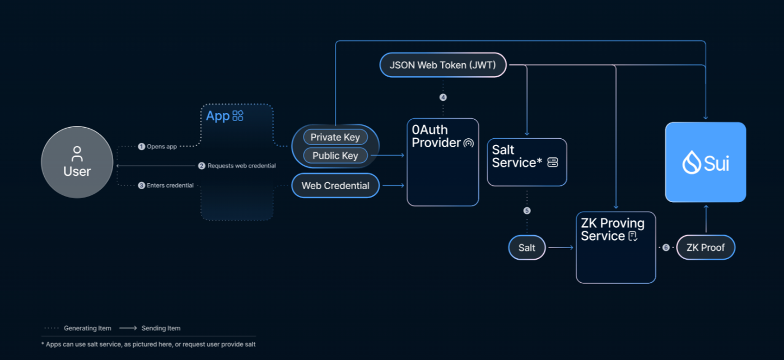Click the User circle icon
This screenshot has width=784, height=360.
tap(77, 162)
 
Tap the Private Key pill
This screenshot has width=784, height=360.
tap(335, 137)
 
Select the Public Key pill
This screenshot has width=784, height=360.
tap(335, 155)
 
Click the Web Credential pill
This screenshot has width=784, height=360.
tap(335, 185)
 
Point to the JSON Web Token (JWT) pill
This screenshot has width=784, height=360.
tap(443, 65)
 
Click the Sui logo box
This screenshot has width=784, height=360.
tap(706, 162)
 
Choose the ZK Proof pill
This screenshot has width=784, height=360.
tap(706, 247)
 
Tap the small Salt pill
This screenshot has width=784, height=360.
tap(527, 247)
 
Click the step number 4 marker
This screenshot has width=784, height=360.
tap(443, 97)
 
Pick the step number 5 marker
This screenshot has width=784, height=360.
tap(527, 211)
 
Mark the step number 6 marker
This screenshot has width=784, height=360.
tap(666, 247)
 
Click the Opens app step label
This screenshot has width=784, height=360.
tap(162, 147)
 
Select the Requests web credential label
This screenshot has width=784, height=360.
tap(241, 166)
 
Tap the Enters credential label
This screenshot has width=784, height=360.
tap(170, 185)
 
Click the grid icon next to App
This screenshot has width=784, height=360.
tap(238, 116)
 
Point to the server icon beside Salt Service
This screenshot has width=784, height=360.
tap(553, 162)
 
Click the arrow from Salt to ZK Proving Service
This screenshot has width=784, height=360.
tap(561, 247)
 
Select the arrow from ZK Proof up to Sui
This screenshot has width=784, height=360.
tap(706, 219)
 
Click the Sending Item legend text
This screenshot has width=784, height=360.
tap(161, 328)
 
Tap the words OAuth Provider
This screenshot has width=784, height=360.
tap(436, 136)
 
